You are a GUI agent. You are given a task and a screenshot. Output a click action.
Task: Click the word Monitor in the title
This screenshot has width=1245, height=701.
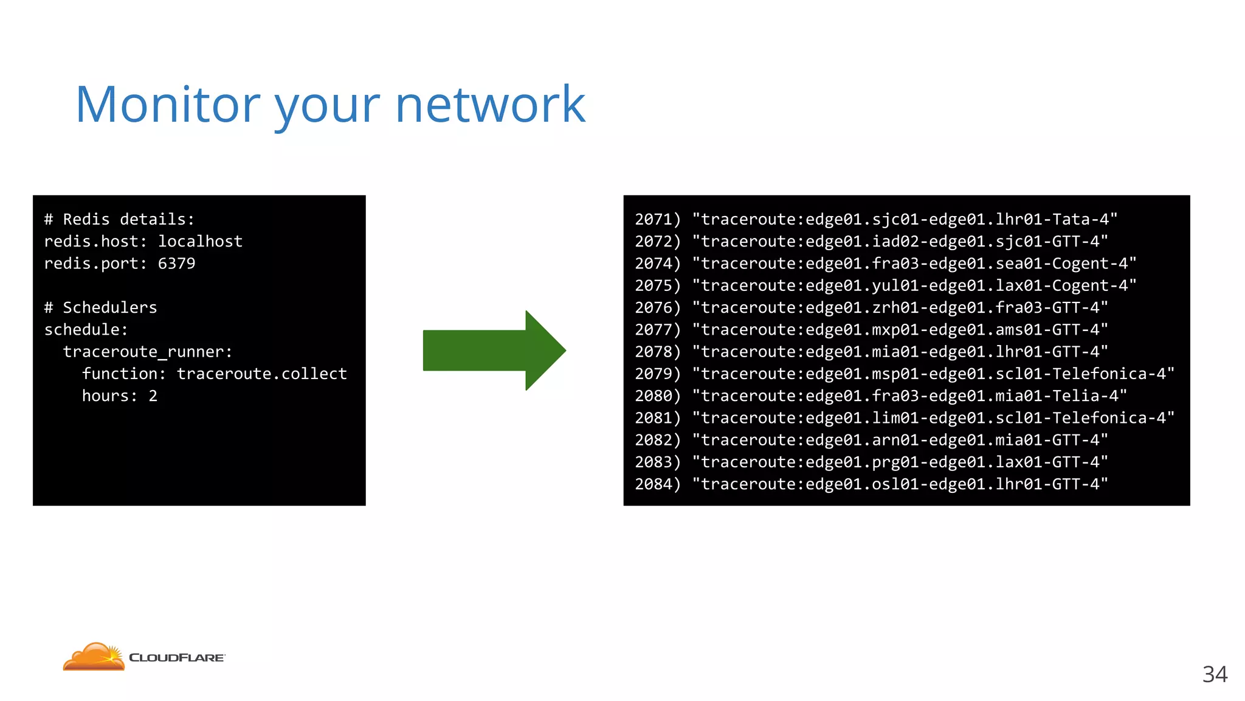(x=168, y=105)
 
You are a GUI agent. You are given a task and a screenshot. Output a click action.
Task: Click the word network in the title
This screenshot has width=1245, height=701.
(x=490, y=105)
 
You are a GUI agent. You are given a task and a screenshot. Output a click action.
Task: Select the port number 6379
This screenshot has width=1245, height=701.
(x=176, y=263)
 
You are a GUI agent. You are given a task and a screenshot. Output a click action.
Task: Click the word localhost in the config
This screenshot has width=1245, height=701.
(x=200, y=242)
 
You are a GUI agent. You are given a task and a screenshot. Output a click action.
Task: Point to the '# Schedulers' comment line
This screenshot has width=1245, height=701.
(x=100, y=308)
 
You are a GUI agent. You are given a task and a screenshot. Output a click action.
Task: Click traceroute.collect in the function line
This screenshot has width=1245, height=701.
(x=261, y=374)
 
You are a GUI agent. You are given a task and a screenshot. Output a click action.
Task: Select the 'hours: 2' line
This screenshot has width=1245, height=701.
(x=120, y=396)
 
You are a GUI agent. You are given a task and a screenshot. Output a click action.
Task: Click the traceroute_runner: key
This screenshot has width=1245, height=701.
(x=147, y=352)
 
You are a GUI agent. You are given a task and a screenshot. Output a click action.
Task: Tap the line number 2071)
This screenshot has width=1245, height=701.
(x=658, y=219)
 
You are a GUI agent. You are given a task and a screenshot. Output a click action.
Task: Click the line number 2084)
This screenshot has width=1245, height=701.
(x=658, y=484)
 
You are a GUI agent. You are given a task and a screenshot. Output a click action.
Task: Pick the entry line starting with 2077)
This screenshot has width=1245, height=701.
(x=871, y=330)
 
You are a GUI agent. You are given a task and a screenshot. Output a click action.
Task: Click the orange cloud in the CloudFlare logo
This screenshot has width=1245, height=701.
(x=94, y=657)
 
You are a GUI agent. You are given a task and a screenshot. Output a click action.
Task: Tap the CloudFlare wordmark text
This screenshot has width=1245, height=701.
(x=176, y=658)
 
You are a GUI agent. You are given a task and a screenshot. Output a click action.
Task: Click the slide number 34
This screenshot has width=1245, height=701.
(x=1214, y=674)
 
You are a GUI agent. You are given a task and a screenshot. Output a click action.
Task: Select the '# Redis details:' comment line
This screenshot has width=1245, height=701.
(x=119, y=219)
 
